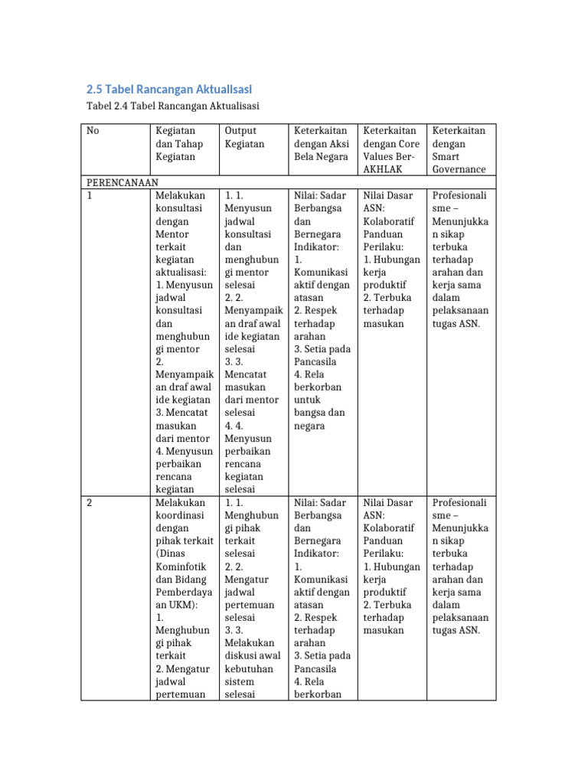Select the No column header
point(93,131)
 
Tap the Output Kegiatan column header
point(244,137)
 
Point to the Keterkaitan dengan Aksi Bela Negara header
point(321,144)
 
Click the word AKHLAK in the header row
point(383,169)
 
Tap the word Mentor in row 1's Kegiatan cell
point(172,234)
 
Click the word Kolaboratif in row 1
point(388,221)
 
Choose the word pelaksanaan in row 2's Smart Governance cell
point(461,618)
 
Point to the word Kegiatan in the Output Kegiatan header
point(244,144)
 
